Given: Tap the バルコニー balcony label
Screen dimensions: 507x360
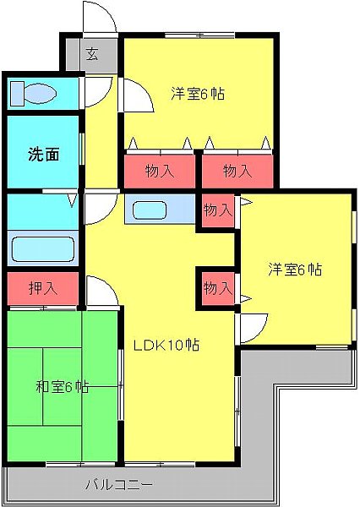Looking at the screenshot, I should [119, 485].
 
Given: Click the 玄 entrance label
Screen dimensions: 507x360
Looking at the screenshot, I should [91, 56].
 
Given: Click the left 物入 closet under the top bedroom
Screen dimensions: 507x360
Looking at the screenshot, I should [160, 171].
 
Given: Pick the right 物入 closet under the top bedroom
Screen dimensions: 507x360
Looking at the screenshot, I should [237, 171].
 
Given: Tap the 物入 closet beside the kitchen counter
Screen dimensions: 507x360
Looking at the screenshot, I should [217, 210].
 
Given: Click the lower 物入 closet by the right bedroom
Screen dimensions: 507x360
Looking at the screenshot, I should [217, 288].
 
